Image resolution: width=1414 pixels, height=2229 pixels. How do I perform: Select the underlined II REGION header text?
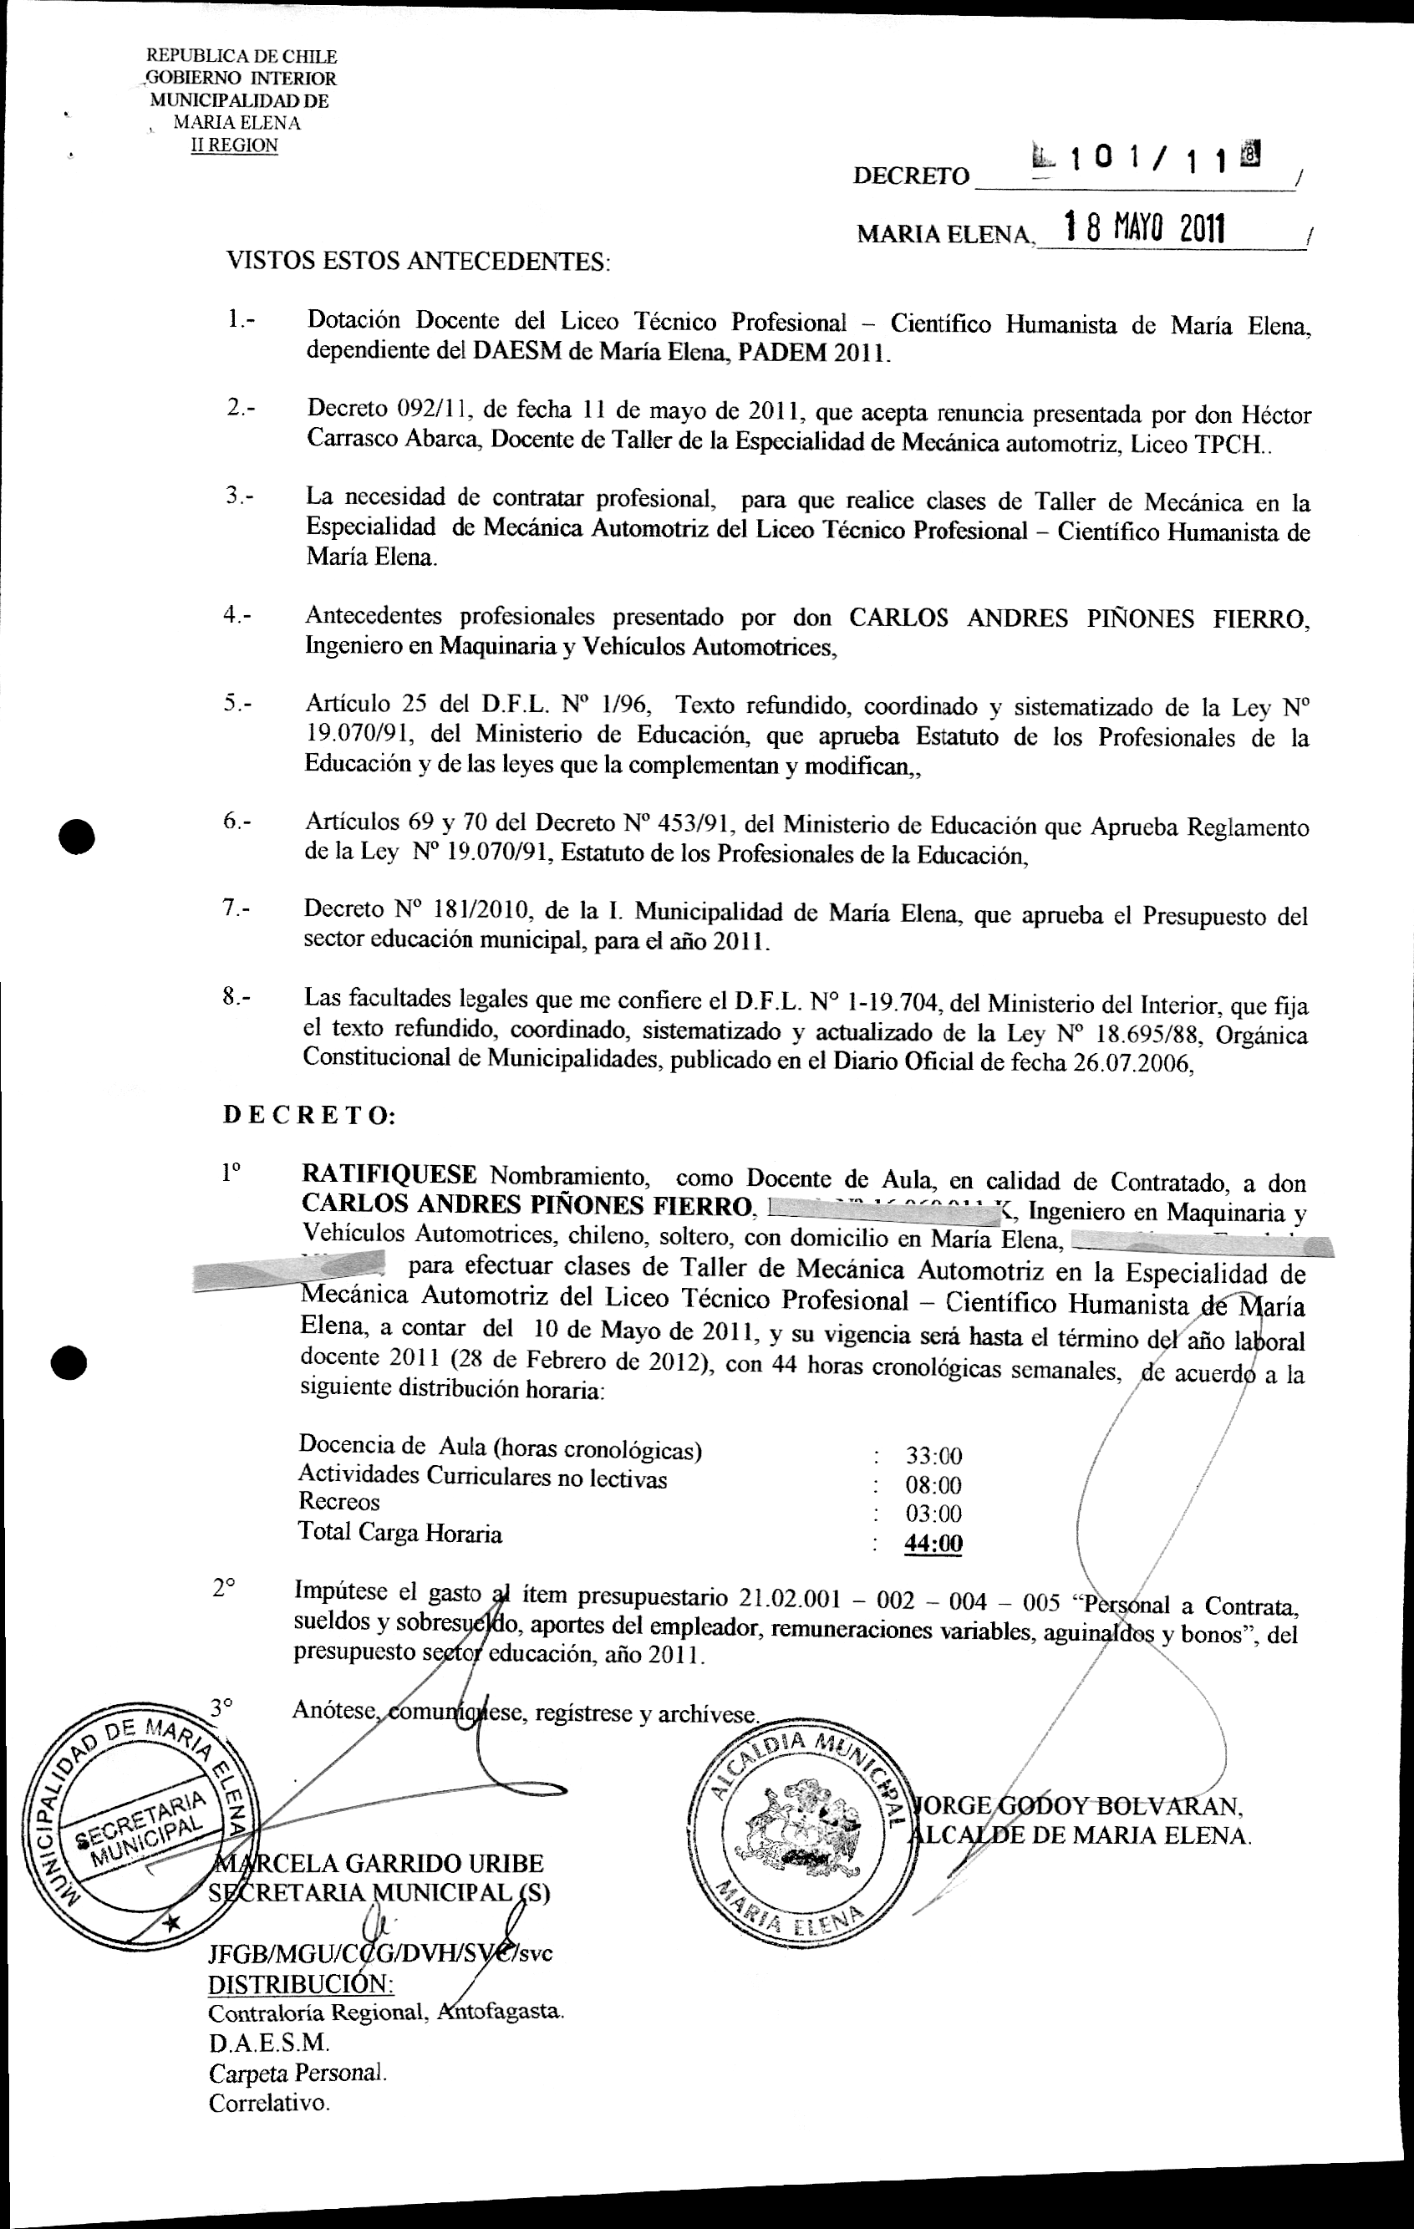click(233, 145)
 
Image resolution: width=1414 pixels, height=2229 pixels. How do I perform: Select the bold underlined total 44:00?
click(933, 1543)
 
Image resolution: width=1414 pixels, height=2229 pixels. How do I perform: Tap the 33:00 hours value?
click(933, 1457)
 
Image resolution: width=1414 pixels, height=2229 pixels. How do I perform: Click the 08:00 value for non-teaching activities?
click(933, 1486)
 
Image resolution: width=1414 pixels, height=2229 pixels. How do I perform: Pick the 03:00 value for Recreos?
click(933, 1514)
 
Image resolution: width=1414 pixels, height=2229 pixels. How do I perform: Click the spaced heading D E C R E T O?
click(308, 1116)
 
